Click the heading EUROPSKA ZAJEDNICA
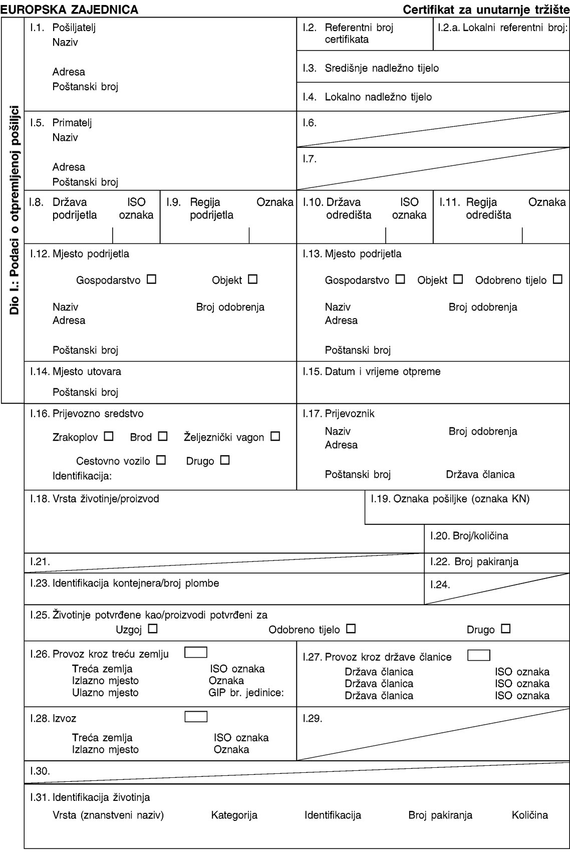click(70, 9)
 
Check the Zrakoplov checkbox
click(109, 436)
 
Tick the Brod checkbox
click(162, 436)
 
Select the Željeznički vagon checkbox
click(274, 436)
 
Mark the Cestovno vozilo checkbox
click(161, 460)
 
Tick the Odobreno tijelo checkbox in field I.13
click(558, 279)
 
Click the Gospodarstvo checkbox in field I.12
click(152, 279)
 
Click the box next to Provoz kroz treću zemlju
click(195, 653)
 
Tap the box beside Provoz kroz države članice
click(478, 655)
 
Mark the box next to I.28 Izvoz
click(195, 717)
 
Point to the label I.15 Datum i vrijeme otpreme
click(372, 372)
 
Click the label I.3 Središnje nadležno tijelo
click(371, 68)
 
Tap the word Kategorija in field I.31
click(234, 815)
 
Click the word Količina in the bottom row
click(529, 815)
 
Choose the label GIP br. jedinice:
click(246, 693)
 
